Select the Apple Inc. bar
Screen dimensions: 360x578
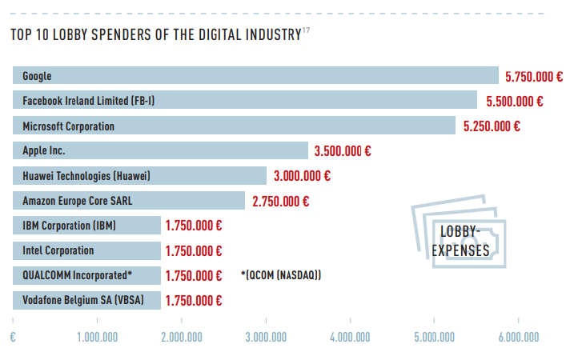click(x=160, y=150)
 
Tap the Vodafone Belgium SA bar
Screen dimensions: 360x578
click(x=86, y=301)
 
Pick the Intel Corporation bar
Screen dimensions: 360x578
click(x=86, y=250)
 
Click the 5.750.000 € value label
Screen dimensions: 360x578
click(x=534, y=77)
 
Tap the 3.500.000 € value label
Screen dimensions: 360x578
click(x=343, y=150)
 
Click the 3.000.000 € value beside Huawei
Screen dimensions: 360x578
click(x=302, y=176)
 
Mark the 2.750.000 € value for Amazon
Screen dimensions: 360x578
click(x=280, y=201)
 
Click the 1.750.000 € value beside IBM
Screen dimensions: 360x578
click(x=194, y=226)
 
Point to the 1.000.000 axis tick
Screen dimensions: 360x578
click(x=98, y=337)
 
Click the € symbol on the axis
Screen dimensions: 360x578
click(x=13, y=337)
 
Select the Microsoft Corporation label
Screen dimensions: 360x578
click(x=68, y=126)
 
